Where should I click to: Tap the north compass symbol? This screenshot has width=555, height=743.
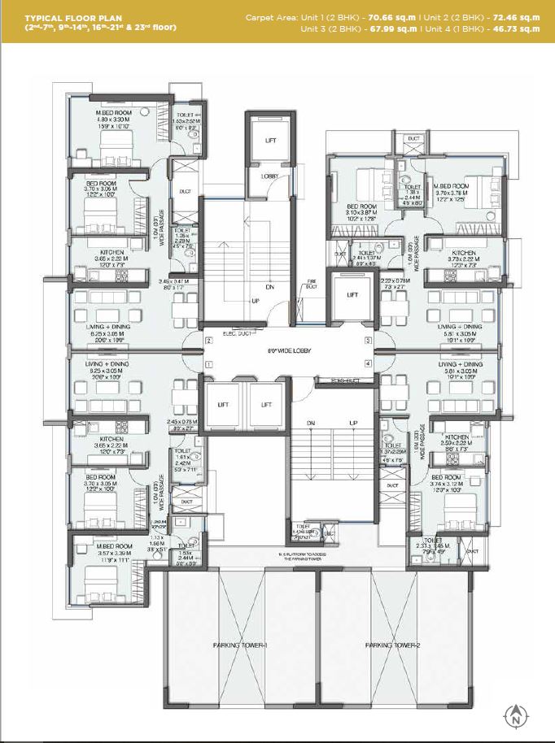(514, 716)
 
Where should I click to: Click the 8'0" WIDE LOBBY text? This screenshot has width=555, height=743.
(286, 351)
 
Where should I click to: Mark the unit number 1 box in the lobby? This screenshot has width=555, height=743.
(208, 364)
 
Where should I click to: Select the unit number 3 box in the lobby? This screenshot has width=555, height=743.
(368, 341)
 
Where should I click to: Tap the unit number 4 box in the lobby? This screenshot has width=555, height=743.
(368, 364)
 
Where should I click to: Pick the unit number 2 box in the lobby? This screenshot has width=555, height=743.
(208, 341)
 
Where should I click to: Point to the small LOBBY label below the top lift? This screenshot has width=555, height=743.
(269, 176)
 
